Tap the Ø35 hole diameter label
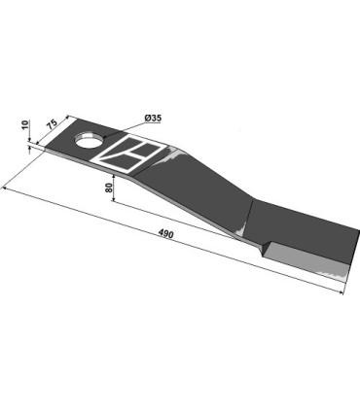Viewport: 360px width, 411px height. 154,119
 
